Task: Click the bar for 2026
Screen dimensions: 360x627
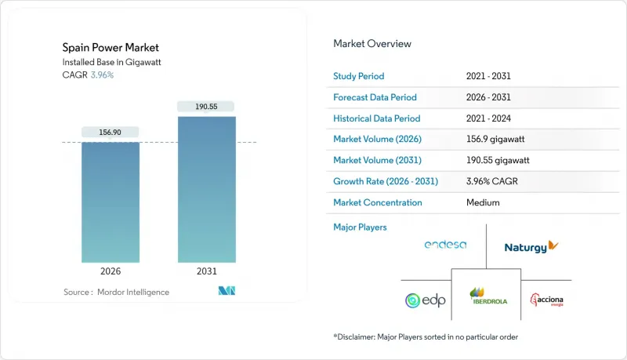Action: pyautogui.click(x=111, y=202)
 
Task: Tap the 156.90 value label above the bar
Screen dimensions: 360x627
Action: pyautogui.click(x=111, y=132)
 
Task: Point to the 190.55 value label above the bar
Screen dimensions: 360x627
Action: pyautogui.click(x=207, y=106)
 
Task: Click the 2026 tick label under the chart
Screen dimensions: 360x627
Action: pyautogui.click(x=111, y=271)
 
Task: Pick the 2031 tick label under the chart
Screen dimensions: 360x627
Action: pyautogui.click(x=207, y=271)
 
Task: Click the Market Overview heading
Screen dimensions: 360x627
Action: pyautogui.click(x=372, y=44)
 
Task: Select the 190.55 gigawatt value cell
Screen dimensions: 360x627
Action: pyautogui.click(x=502, y=161)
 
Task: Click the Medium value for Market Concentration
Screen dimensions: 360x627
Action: pyautogui.click(x=482, y=202)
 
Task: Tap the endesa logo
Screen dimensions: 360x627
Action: pyautogui.click(x=445, y=245)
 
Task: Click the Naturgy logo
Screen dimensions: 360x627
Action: pyautogui.click(x=531, y=246)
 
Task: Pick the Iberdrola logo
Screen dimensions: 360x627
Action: pyautogui.click(x=486, y=296)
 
